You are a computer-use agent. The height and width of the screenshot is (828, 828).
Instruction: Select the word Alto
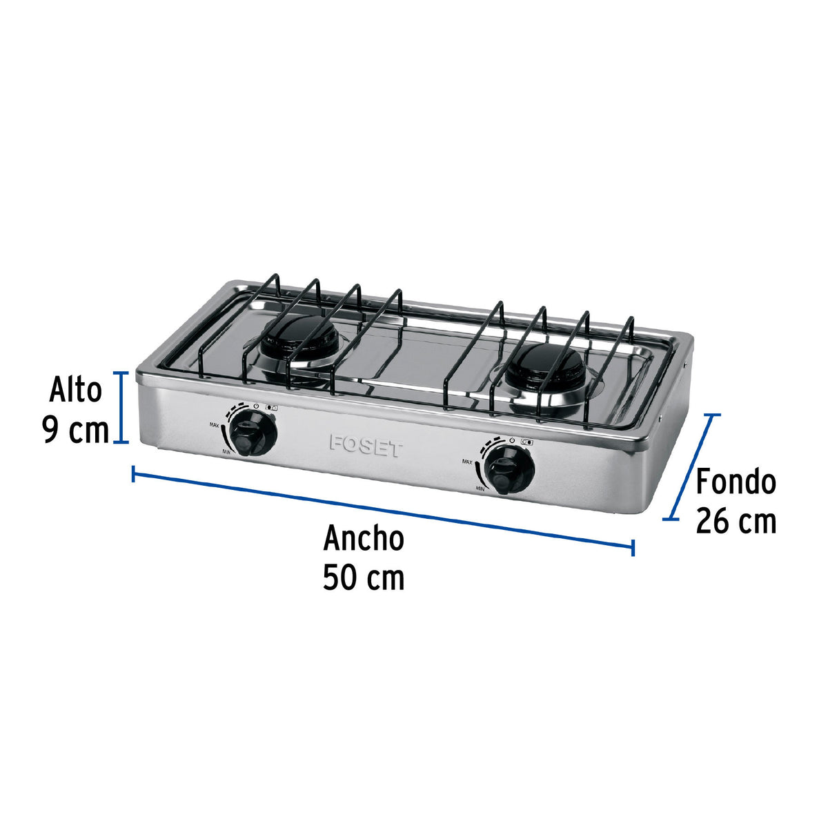(75, 390)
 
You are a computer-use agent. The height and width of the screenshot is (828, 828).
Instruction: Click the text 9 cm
(75, 431)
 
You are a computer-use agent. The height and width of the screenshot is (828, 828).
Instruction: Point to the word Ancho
(364, 538)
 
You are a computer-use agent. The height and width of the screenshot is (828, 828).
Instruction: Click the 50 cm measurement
(364, 578)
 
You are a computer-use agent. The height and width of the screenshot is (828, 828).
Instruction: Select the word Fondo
(736, 482)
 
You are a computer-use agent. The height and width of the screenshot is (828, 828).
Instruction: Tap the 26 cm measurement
(736, 521)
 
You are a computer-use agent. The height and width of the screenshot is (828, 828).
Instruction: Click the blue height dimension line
(122, 407)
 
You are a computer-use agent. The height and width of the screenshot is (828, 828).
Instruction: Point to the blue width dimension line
(383, 509)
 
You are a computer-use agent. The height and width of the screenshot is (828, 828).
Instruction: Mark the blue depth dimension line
(692, 466)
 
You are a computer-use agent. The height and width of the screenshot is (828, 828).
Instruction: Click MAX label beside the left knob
(214, 426)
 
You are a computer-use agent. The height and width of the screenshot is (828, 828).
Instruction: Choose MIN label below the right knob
(480, 487)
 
